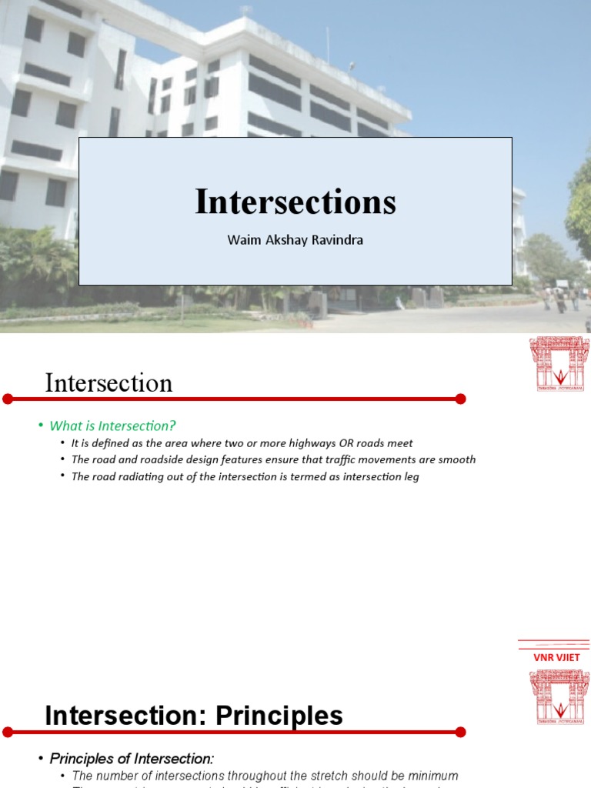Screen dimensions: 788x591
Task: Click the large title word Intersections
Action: [x=295, y=202]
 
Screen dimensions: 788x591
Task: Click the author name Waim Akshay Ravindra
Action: [x=295, y=239]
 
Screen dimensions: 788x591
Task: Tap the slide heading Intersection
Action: [x=109, y=382]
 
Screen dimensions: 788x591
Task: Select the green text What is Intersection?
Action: [x=113, y=426]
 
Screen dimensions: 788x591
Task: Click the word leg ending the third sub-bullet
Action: [x=411, y=476]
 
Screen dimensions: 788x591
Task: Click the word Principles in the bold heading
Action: [x=279, y=716]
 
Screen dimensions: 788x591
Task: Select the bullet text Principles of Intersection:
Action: [x=132, y=758]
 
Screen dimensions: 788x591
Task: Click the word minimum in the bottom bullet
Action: [x=432, y=776]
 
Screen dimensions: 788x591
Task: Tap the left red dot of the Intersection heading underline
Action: [x=8, y=399]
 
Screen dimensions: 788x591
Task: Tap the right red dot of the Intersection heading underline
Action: [x=460, y=399]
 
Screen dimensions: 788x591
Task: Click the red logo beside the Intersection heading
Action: [x=559, y=363]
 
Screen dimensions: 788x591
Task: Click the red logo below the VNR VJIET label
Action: [x=559, y=696]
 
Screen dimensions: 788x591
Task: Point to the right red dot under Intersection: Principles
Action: [x=460, y=732]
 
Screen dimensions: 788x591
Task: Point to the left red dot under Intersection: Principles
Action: [x=8, y=732]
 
